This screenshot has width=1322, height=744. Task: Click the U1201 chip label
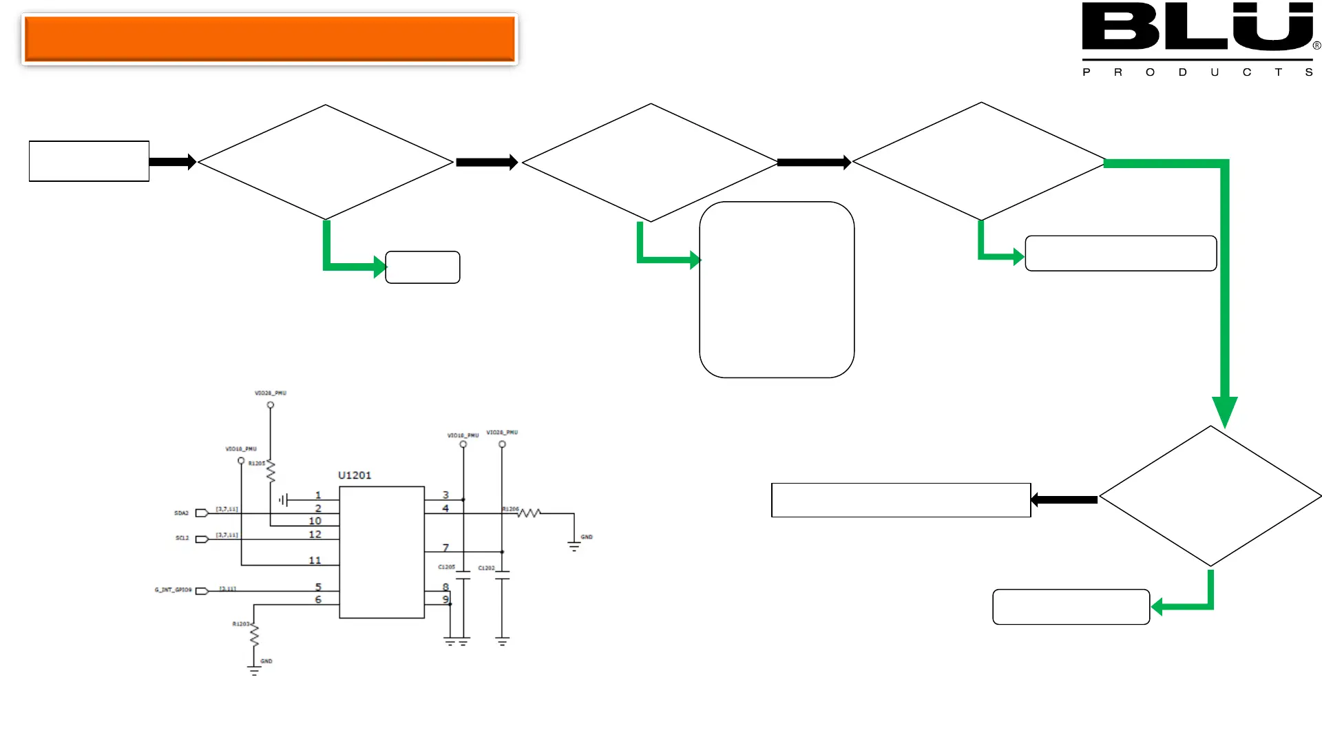[355, 475]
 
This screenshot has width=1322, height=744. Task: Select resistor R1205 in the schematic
[271, 472]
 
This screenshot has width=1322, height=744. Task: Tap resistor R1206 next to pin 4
[529, 513]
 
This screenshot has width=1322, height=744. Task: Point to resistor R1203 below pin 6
[254, 634]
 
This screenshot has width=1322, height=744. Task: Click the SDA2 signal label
[181, 513]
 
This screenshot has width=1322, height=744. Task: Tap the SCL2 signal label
[182, 538]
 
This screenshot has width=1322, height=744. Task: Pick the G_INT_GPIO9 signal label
[173, 590]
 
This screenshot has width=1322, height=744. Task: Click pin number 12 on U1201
[315, 534]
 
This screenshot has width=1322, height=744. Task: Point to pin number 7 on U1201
[445, 547]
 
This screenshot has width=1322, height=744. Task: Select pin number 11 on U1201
[315, 560]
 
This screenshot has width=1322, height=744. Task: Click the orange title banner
[269, 39]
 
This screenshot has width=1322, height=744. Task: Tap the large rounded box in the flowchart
[777, 289]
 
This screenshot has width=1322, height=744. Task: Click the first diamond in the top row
[325, 163]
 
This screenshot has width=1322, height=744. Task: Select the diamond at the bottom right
[1210, 496]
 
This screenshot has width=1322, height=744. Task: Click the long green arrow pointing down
[1224, 289]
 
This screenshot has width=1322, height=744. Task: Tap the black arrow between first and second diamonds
[486, 163]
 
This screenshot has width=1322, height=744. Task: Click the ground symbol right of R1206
[574, 546]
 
